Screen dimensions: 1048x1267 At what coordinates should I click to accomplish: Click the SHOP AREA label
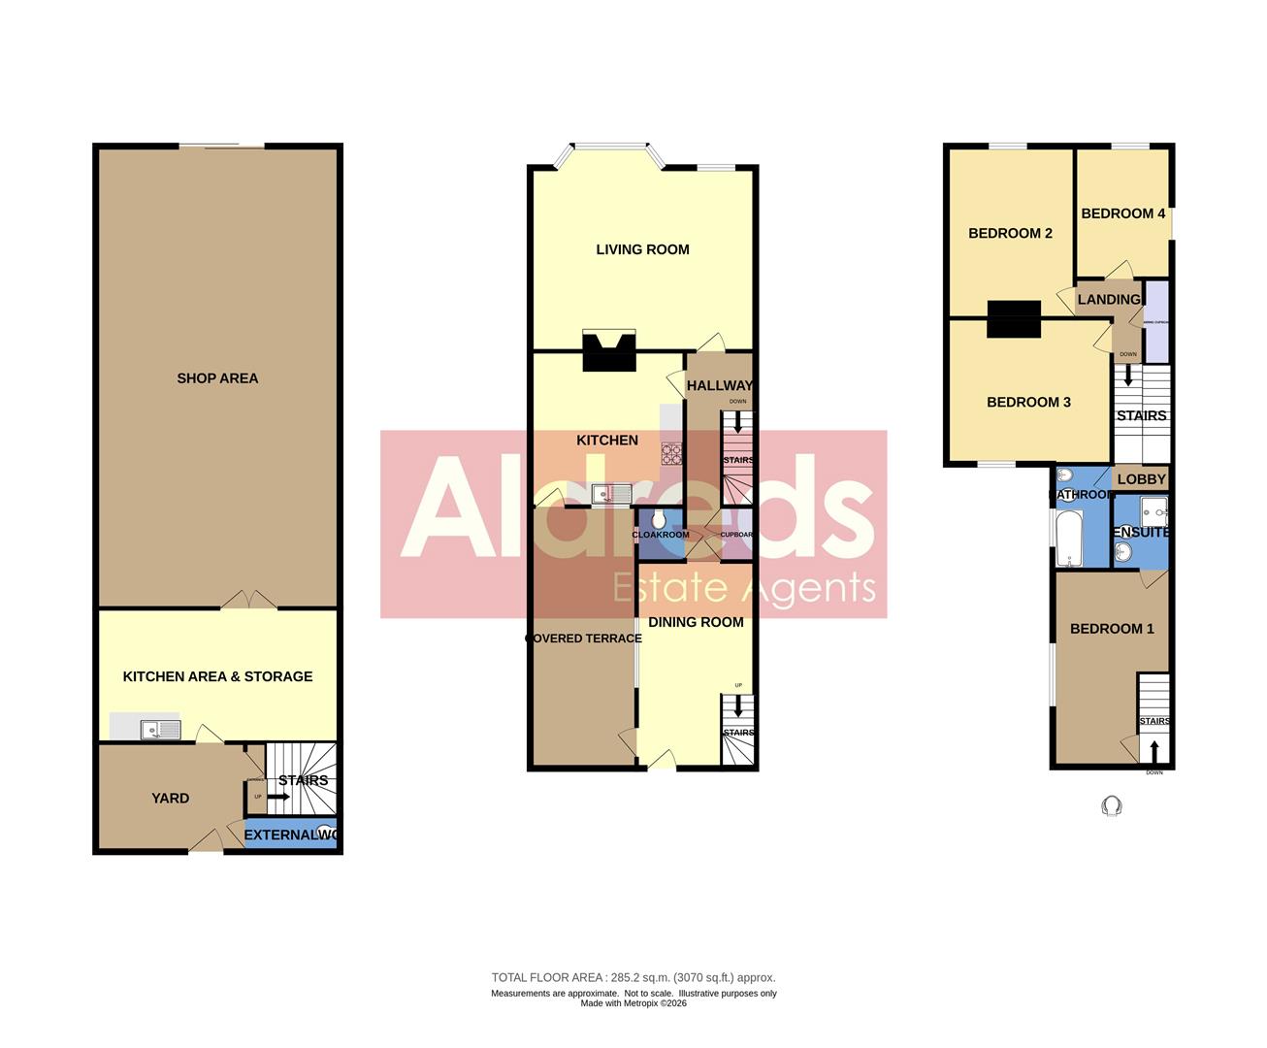[217, 378]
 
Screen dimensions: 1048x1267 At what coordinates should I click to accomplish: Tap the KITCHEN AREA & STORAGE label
[217, 676]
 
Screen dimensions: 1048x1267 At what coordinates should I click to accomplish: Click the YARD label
[170, 798]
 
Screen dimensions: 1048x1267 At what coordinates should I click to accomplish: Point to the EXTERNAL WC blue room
[290, 835]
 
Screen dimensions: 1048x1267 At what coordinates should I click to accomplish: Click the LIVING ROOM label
[642, 249]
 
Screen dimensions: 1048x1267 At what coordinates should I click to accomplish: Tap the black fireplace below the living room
[608, 352]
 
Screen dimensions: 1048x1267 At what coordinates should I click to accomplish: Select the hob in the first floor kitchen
[672, 452]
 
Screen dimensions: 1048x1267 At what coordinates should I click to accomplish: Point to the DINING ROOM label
[696, 622]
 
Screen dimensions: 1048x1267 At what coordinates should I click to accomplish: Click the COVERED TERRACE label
[583, 639]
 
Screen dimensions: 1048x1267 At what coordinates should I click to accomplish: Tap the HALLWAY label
[719, 386]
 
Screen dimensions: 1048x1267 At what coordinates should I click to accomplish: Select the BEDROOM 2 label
[1010, 233]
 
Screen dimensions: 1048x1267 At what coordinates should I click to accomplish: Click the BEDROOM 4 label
[1122, 213]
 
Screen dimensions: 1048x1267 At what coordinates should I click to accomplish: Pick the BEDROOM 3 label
[1028, 402]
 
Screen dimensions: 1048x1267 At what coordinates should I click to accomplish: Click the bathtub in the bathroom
[1066, 539]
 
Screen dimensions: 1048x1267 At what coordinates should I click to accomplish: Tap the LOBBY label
[1141, 479]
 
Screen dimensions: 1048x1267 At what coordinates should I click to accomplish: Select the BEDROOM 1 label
[1112, 629]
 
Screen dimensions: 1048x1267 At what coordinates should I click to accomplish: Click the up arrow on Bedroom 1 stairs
[1153, 752]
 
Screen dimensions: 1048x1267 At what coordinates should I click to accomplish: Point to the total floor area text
[633, 978]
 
